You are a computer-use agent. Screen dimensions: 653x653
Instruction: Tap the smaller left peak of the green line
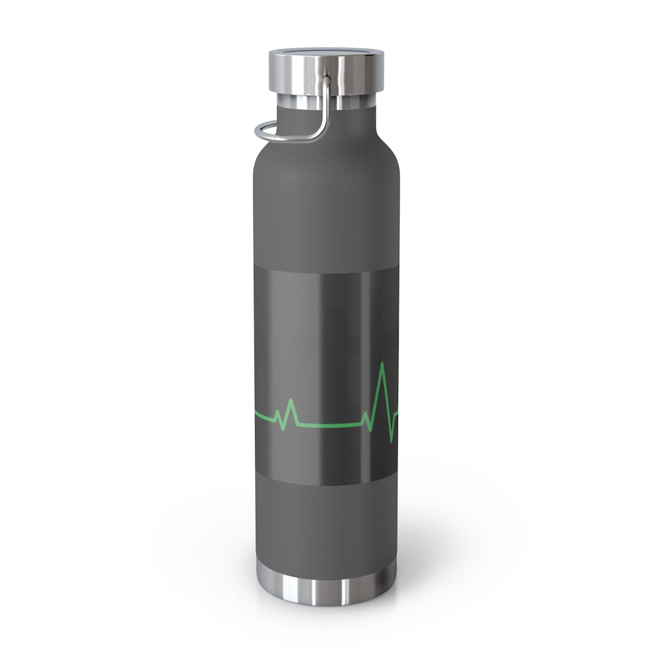(x=291, y=401)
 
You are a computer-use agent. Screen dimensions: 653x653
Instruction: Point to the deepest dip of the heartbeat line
(x=390, y=440)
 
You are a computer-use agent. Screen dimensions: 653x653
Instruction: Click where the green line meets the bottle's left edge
(x=256, y=414)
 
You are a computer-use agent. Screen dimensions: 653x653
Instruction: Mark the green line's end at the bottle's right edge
(x=397, y=413)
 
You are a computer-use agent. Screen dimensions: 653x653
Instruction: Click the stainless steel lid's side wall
(x=357, y=74)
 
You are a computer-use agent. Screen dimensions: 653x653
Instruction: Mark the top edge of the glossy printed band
(x=326, y=270)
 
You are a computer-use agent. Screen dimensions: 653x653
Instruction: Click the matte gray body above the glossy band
(x=326, y=210)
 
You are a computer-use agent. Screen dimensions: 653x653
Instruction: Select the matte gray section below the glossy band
(x=326, y=529)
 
